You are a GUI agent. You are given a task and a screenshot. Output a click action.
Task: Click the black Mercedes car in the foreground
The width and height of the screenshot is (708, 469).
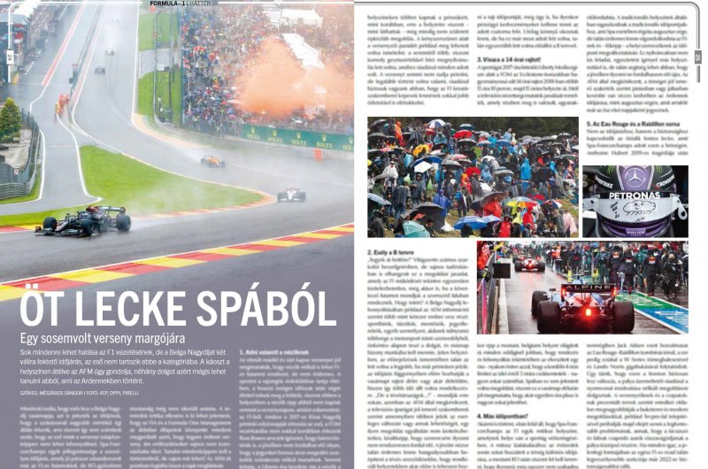(84, 219)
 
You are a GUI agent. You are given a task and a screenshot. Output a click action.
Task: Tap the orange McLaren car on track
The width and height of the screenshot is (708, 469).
(212, 161)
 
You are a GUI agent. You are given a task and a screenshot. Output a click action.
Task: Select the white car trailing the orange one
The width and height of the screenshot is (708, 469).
(291, 195)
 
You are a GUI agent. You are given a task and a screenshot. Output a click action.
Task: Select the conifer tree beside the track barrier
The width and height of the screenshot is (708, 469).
(10, 116)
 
